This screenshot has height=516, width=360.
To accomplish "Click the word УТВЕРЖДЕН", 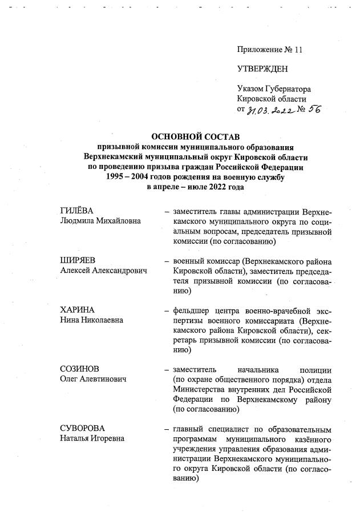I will tap(263, 70).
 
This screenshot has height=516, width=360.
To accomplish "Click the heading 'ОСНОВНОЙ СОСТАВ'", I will tap(196, 136).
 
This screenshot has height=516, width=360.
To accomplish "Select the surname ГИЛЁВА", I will tap(76, 211).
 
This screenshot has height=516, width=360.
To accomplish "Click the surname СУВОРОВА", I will tap(82, 429).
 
